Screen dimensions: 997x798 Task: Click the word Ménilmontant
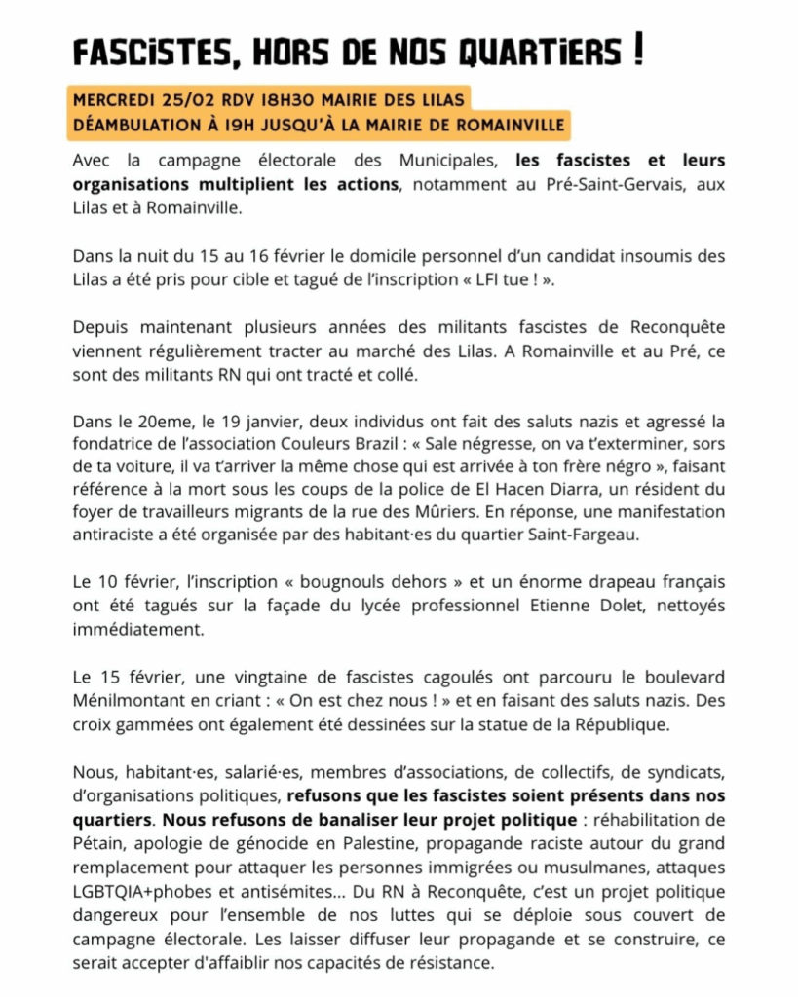coord(123,699)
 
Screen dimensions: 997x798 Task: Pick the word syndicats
coord(687,771)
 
